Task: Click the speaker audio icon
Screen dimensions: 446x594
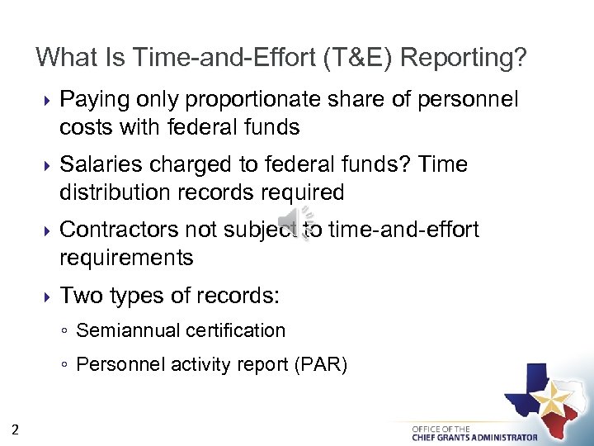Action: [293, 221]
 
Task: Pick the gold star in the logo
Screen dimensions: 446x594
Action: [550, 401]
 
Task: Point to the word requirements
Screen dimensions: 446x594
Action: [125, 258]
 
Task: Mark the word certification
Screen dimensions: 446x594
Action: [236, 330]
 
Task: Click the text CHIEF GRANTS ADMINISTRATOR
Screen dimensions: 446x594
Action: [474, 437]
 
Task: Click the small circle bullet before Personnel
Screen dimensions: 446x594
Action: [64, 365]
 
